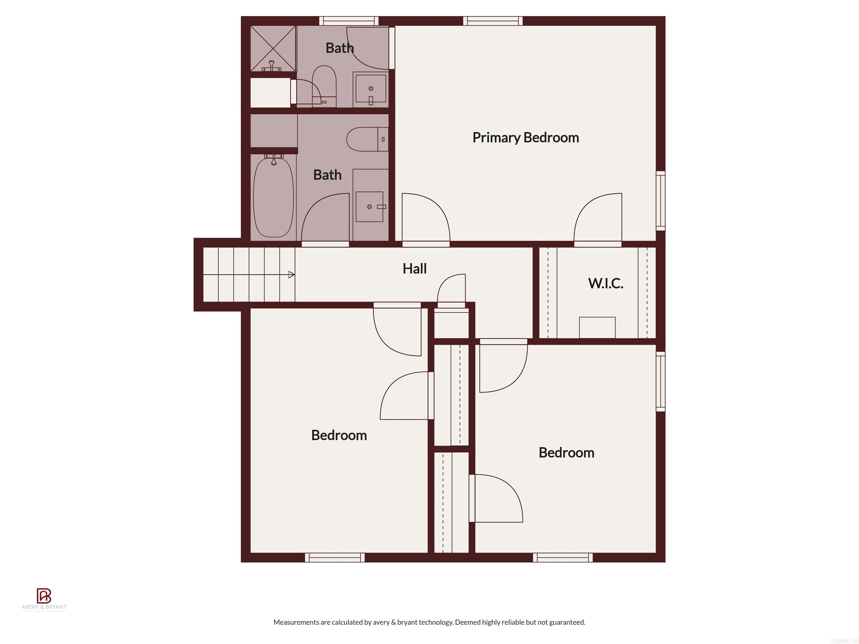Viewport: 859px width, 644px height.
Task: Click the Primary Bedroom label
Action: [x=525, y=138]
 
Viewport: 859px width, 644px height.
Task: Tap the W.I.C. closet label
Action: [x=605, y=283]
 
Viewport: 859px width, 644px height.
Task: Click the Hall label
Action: [x=414, y=269]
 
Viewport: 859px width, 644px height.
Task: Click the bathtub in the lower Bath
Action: [x=273, y=197]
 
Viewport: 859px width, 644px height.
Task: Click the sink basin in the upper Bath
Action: [x=371, y=89]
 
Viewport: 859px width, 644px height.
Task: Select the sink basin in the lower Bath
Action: [x=369, y=207]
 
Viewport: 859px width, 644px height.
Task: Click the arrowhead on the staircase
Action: [x=292, y=275]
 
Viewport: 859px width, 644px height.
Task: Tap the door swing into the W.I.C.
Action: [x=598, y=217]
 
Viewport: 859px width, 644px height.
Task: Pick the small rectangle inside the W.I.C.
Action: [x=597, y=327]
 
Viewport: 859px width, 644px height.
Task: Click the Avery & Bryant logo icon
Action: [x=44, y=595]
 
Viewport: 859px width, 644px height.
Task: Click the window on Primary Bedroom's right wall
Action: [x=660, y=201]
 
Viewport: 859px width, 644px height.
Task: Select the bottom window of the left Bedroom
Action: [x=335, y=557]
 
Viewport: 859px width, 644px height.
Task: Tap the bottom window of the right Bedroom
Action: [x=563, y=557]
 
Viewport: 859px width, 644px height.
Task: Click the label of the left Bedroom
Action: [x=339, y=435]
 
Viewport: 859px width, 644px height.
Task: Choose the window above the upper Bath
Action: [x=349, y=21]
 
